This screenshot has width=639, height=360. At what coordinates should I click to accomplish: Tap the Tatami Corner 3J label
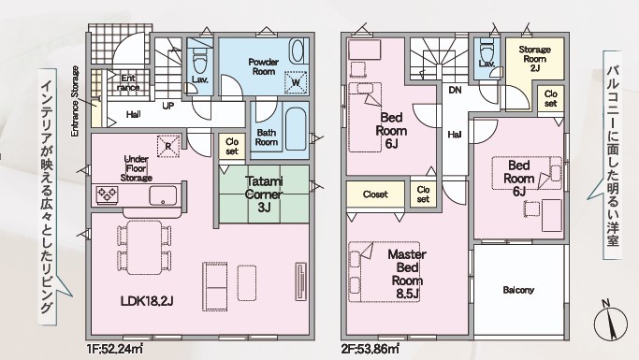(264, 194)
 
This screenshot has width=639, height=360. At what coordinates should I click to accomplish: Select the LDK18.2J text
(147, 301)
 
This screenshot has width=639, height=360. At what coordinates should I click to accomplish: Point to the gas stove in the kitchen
(108, 194)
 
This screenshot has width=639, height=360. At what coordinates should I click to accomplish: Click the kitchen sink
(163, 195)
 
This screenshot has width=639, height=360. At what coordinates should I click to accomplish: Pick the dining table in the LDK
(144, 247)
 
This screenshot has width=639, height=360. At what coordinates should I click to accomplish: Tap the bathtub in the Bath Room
(295, 129)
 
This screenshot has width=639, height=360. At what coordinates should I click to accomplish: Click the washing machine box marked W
(296, 82)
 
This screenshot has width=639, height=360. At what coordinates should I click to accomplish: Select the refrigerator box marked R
(168, 145)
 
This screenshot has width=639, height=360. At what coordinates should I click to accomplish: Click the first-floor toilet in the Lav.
(199, 60)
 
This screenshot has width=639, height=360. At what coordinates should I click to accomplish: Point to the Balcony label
(518, 290)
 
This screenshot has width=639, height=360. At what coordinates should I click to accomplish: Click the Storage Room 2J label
(534, 59)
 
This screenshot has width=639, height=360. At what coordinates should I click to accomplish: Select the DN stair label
(455, 90)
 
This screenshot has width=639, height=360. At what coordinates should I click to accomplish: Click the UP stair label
(168, 106)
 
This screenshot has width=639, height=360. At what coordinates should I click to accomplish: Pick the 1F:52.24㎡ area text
(115, 349)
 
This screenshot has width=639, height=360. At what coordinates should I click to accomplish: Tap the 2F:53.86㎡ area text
(370, 349)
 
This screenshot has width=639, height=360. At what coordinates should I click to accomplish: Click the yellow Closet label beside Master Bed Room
(375, 194)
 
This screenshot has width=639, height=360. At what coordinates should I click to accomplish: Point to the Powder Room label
(264, 66)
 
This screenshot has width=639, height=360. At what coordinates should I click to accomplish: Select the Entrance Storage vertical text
(75, 101)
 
